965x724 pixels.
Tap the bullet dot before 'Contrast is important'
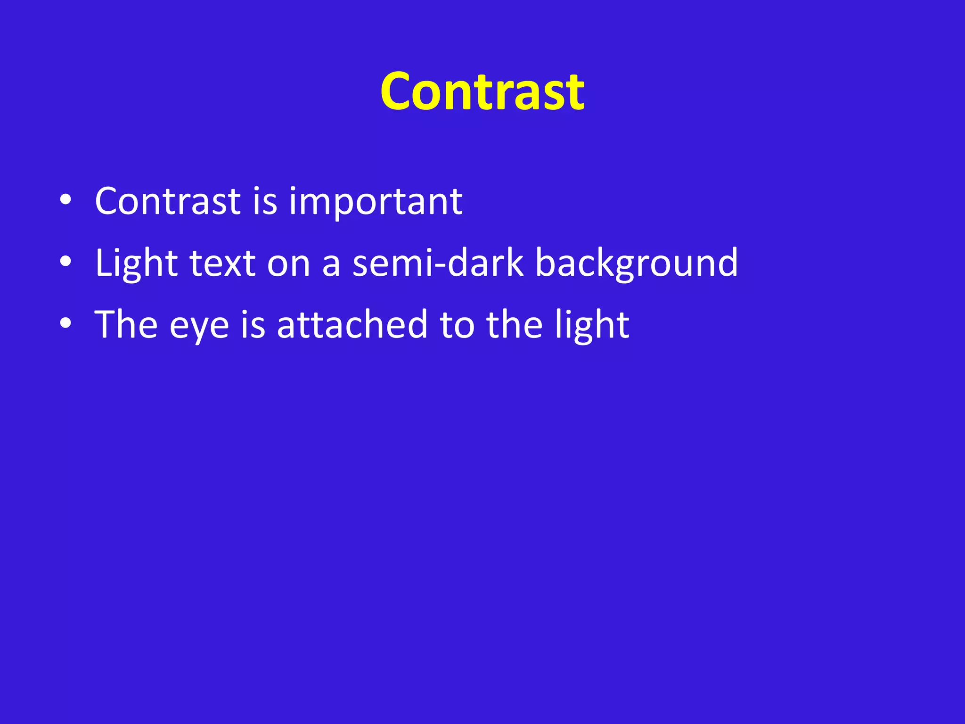66,200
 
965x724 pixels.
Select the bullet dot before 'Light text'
66,262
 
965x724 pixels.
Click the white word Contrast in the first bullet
168,201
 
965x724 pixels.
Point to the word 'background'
637,264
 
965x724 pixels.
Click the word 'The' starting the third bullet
126,325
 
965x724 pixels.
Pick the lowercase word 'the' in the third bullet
515,325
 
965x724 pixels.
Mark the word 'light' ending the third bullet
592,326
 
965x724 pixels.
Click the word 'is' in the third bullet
253,325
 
